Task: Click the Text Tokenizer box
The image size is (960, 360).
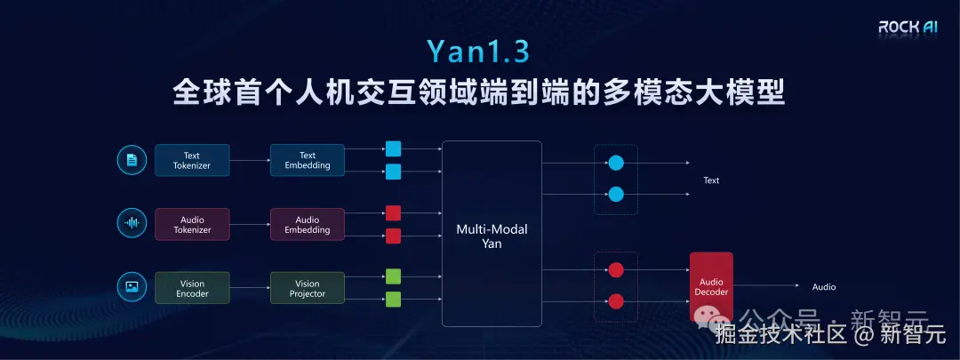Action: [x=192, y=160]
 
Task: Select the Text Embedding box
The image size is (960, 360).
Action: [x=308, y=160]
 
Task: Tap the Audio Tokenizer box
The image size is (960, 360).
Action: [x=192, y=224]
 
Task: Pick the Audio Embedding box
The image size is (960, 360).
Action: [x=308, y=224]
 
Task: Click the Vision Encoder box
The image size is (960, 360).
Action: [x=192, y=288]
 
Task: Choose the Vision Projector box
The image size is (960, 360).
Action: [x=308, y=288]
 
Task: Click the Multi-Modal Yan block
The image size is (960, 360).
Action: [x=492, y=236]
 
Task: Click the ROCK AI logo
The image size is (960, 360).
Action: [x=908, y=28]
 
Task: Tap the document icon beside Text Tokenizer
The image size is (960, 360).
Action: [x=132, y=160]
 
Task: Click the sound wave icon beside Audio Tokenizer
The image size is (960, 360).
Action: [x=132, y=224]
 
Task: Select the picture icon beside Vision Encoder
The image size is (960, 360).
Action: [x=132, y=287]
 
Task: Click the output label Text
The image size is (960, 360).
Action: [x=711, y=180]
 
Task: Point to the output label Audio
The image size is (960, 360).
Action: [x=824, y=287]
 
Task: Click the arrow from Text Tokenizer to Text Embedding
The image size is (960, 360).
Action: [x=250, y=161]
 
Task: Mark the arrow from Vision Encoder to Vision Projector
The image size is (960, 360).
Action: [x=250, y=288]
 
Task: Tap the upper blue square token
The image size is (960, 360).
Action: [x=393, y=149]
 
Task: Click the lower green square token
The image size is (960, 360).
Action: [x=393, y=299]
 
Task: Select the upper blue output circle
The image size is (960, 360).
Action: [x=616, y=164]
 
